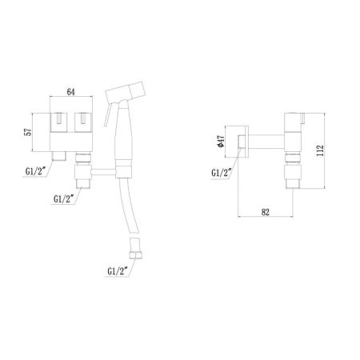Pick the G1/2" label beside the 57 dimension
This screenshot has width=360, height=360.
pos(36,170)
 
